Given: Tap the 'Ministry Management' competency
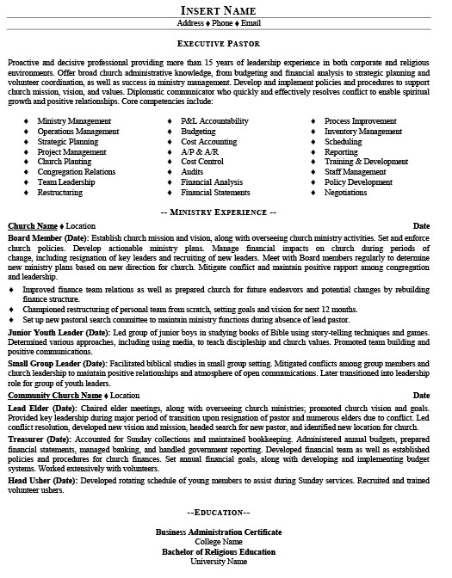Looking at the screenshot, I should (x=75, y=121).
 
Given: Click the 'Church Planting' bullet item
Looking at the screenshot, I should (x=65, y=161).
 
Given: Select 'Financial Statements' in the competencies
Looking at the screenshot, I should (x=216, y=192).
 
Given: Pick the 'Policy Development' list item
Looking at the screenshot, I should (x=358, y=181).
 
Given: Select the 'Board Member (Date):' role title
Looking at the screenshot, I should (x=46, y=236).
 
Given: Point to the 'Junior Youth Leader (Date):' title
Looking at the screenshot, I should (x=59, y=331).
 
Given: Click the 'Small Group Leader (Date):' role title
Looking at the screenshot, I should (x=58, y=365).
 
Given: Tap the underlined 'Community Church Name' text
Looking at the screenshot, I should (x=54, y=395).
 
